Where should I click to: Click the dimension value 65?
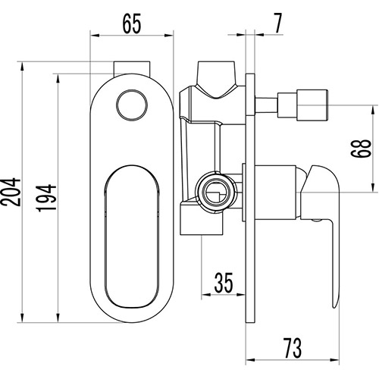(132, 23)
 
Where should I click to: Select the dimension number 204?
(11, 193)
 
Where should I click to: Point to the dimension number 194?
(46, 198)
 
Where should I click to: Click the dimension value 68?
(362, 148)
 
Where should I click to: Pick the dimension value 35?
(224, 283)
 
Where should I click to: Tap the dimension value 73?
(293, 349)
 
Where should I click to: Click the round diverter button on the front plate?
(132, 105)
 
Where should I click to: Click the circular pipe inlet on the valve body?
(217, 191)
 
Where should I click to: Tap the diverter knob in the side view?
(302, 104)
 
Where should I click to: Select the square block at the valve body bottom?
(202, 219)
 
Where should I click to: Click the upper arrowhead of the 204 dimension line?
(23, 67)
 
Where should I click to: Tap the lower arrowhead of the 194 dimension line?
(58, 318)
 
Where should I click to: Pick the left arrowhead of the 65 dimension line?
(95, 36)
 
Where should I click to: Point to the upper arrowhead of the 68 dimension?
(374, 111)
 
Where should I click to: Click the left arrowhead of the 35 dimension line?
(206, 294)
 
